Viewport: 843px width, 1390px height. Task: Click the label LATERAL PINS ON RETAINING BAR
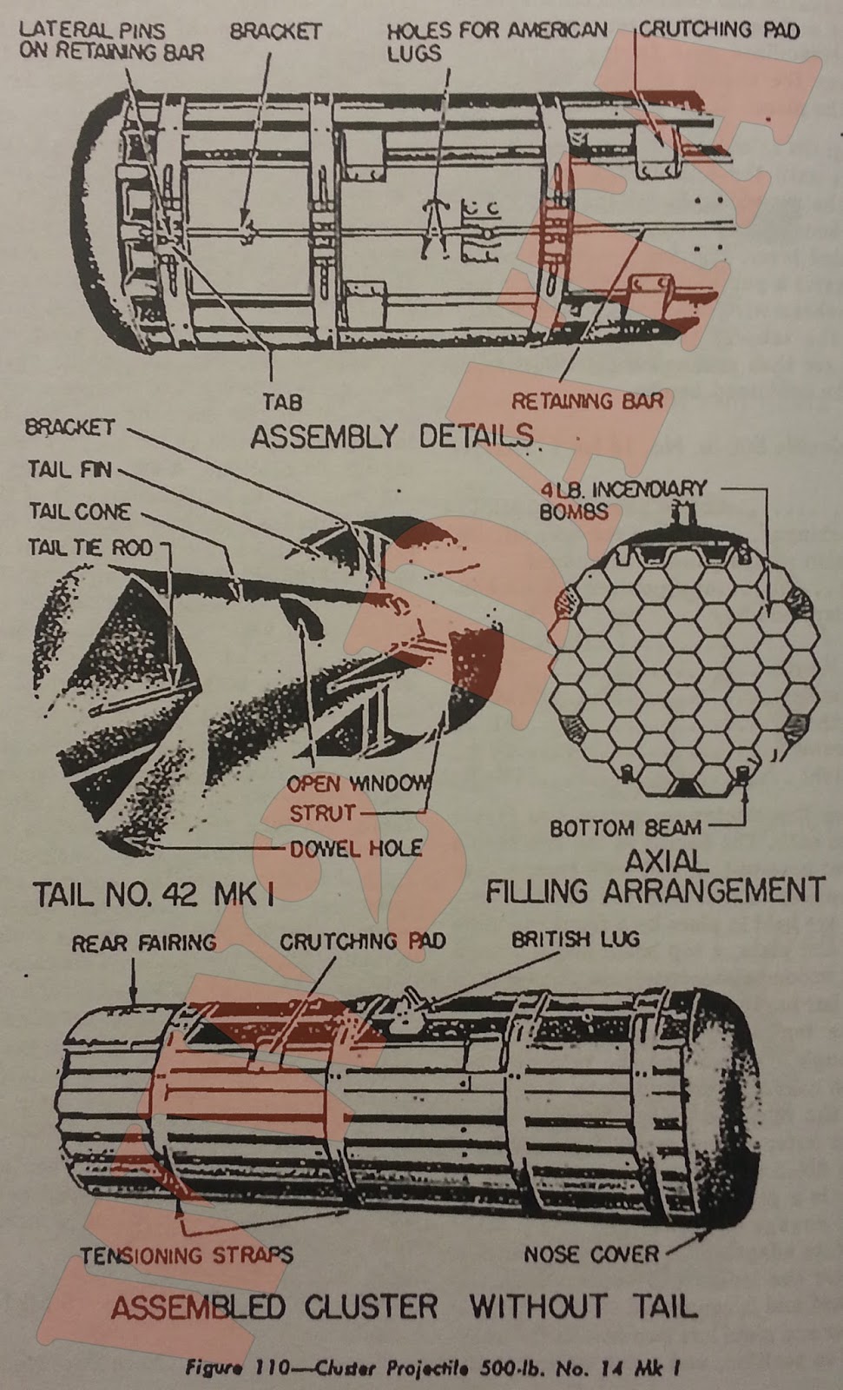111,41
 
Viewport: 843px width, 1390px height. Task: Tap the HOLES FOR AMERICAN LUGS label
497,41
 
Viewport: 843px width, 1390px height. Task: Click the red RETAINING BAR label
587,400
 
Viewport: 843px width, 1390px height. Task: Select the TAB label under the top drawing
282,403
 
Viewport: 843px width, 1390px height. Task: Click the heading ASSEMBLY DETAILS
392,436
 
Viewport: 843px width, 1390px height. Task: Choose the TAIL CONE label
80,511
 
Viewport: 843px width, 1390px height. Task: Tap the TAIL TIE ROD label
89,547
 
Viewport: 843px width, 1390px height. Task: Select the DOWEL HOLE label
356,848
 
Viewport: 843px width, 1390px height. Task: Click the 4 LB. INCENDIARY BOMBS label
623,500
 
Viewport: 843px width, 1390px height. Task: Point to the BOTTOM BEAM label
626,828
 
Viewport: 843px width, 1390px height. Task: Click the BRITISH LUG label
575,939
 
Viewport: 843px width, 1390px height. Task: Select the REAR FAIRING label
143,943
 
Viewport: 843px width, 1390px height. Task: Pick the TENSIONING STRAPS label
187,1255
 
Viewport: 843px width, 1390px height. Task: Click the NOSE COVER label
591,1254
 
